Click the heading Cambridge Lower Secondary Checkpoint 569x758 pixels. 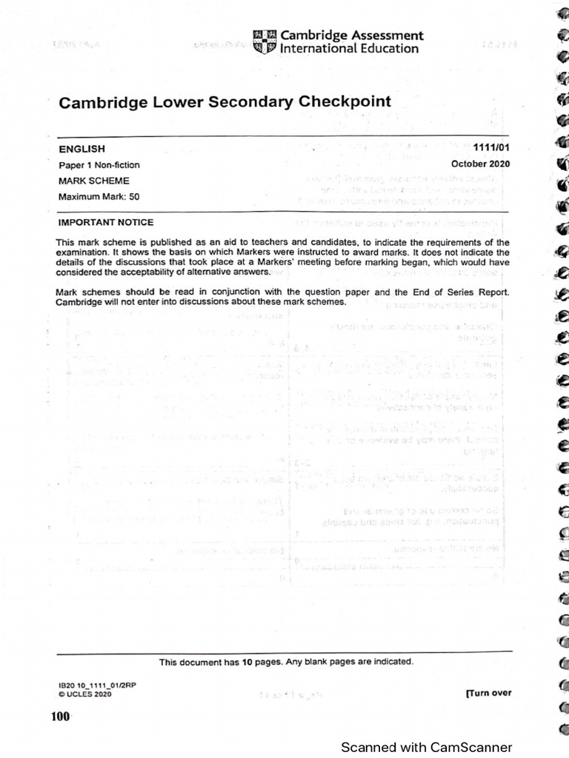224,102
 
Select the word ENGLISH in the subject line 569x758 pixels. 81,150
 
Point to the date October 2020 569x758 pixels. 481,164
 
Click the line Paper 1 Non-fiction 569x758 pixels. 99,165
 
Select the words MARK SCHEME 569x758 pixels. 94,181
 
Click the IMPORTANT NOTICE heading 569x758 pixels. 106,222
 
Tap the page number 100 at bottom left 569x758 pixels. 60,716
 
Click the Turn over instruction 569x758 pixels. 488,693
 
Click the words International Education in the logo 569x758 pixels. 349,49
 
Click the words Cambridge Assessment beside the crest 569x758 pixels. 352,35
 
